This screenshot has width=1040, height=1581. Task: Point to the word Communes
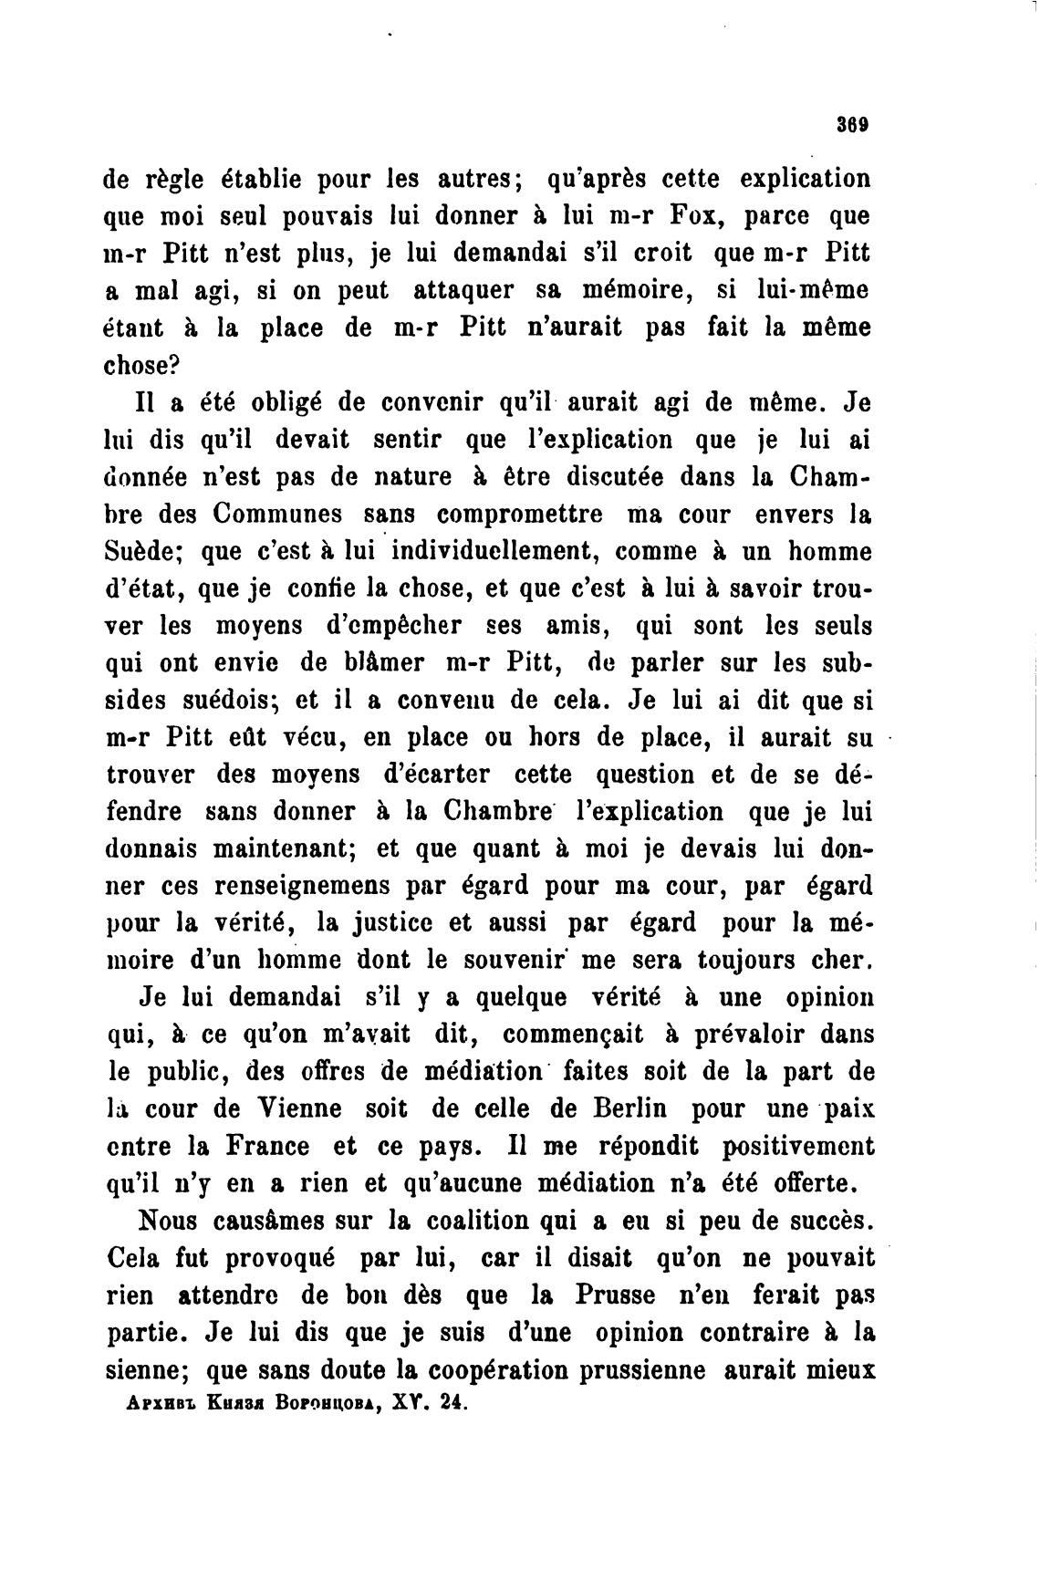pos(278,515)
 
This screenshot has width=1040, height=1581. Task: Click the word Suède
pos(142,552)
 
